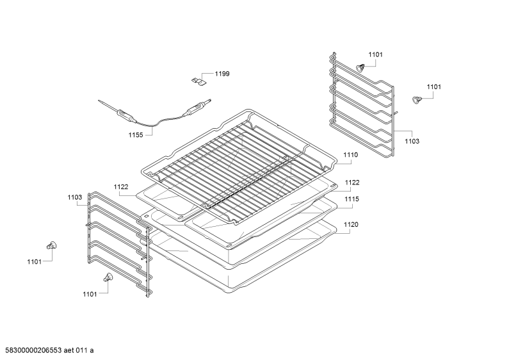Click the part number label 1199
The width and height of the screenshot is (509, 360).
[x=222, y=74]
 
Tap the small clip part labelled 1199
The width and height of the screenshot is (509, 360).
[x=198, y=82]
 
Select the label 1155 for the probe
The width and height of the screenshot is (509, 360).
[x=136, y=135]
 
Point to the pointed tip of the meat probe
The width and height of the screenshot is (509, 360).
[x=99, y=101]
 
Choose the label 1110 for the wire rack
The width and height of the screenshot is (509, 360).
[x=351, y=154]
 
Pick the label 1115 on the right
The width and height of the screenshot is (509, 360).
[x=351, y=199]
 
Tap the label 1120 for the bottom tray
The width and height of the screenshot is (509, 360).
[x=351, y=224]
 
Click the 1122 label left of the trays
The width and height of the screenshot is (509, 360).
[x=121, y=187]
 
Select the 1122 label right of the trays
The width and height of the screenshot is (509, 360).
[x=352, y=183]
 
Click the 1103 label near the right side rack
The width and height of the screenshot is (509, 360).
[x=412, y=141]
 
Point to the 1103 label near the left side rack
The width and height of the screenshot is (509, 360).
[x=75, y=197]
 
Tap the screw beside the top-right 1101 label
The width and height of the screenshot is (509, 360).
[x=360, y=68]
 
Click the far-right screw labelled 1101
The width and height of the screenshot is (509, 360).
[x=416, y=100]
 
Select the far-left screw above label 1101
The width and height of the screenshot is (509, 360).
[x=52, y=245]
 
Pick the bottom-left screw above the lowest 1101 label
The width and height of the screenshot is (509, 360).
[x=108, y=277]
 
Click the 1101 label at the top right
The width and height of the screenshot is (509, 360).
[x=375, y=54]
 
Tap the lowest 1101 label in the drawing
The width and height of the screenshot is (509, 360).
[x=90, y=295]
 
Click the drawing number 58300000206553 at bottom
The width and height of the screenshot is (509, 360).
[x=31, y=350]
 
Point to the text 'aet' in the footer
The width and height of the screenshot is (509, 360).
[x=69, y=350]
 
